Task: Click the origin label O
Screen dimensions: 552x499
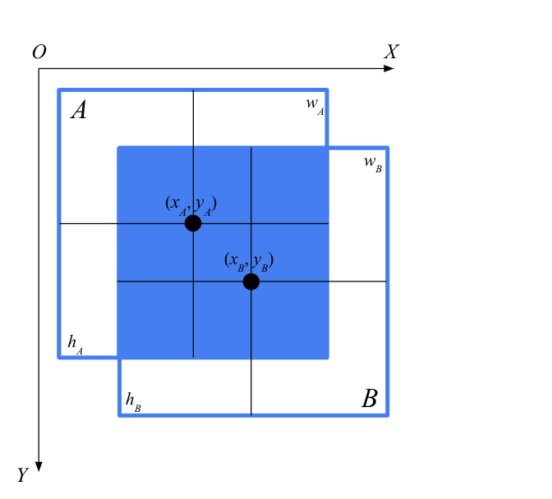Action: click(39, 53)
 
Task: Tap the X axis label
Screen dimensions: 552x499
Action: click(392, 52)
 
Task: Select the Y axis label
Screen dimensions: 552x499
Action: click(23, 475)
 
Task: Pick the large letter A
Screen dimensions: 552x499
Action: click(79, 110)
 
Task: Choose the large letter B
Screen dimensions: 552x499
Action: click(370, 400)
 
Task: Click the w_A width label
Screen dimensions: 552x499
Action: click(315, 105)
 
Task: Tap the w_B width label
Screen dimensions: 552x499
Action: click(372, 163)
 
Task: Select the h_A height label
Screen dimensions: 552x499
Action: click(75, 344)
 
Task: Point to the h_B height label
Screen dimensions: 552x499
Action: click(132, 401)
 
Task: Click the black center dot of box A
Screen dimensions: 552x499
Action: click(193, 223)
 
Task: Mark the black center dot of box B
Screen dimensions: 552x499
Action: click(251, 282)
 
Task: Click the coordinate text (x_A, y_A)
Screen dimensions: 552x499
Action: click(191, 204)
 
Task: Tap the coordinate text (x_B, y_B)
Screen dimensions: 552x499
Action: click(249, 262)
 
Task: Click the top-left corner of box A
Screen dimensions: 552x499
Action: click(59, 90)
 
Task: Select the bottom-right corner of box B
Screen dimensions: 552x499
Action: click(387, 414)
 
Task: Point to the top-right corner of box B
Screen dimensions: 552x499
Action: click(387, 149)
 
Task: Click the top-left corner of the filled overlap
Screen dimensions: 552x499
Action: click(119, 148)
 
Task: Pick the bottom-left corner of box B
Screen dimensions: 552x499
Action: click(120, 414)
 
